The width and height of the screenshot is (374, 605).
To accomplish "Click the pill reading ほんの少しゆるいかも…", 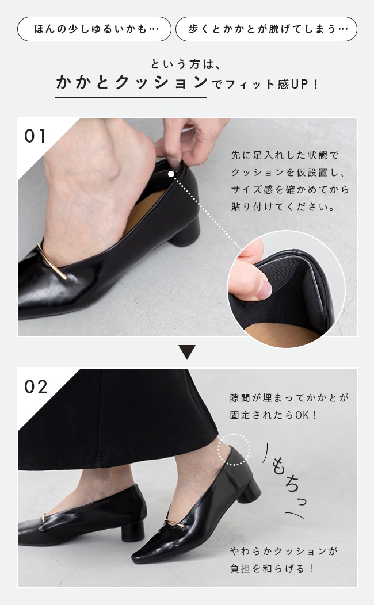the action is pos(94,29).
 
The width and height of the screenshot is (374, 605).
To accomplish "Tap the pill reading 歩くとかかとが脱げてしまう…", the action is pos(266,29).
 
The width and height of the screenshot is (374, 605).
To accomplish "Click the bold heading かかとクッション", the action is pos(131,83).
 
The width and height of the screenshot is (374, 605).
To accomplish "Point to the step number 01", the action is pos(35,136).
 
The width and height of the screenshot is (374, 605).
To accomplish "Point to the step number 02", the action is pos(36,386).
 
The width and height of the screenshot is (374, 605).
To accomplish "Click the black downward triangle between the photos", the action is pos(187,352).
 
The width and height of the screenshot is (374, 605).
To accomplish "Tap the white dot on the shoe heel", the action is pos(171,174).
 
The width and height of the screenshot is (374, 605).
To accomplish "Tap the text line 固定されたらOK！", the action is pos(274,415).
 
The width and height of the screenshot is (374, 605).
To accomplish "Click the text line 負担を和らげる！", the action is pos(273,568).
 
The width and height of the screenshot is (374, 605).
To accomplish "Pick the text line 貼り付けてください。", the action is pos(283,207).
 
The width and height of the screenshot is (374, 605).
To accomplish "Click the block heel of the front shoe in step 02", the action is pos(249,491).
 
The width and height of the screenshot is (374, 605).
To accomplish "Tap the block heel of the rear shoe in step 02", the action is pos(133,531).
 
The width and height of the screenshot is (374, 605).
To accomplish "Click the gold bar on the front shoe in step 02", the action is pos(174,523).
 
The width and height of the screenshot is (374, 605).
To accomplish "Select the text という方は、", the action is pos(186,64).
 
